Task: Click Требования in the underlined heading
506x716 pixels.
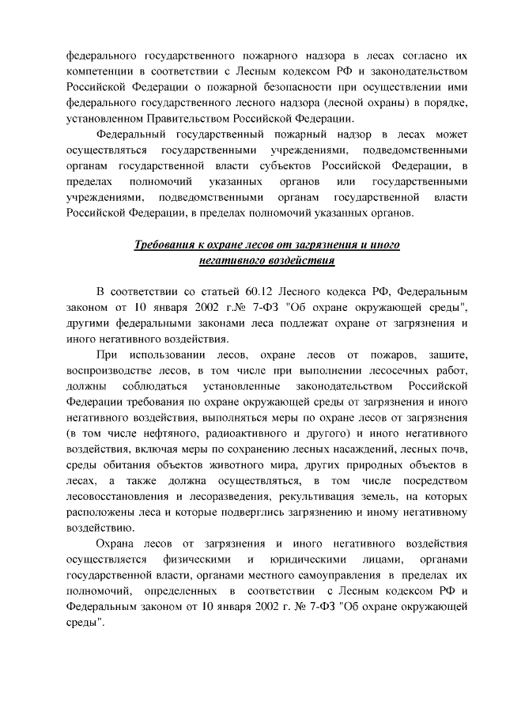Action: [164, 245]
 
